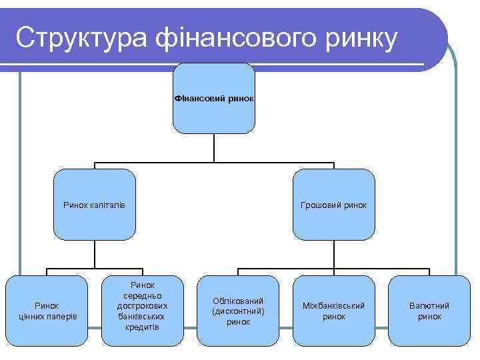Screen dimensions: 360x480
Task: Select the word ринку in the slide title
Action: click(x=361, y=38)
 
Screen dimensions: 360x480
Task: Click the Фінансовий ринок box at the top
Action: click(x=214, y=98)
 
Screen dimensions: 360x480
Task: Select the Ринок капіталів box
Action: click(x=94, y=205)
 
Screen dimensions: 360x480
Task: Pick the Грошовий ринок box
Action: click(x=334, y=205)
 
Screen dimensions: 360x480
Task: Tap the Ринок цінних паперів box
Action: click(x=47, y=311)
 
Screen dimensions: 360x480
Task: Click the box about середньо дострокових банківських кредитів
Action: click(x=142, y=311)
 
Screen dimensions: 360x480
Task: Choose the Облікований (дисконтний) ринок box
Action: click(x=238, y=311)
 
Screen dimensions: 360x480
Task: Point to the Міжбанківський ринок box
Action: click(x=334, y=311)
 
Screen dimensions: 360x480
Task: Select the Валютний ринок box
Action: click(x=429, y=311)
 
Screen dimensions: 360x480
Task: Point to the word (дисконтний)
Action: click(x=238, y=311)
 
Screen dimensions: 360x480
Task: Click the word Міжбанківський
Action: click(x=334, y=305)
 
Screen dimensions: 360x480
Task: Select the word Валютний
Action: click(x=429, y=305)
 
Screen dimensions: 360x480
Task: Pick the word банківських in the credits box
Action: click(x=142, y=316)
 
